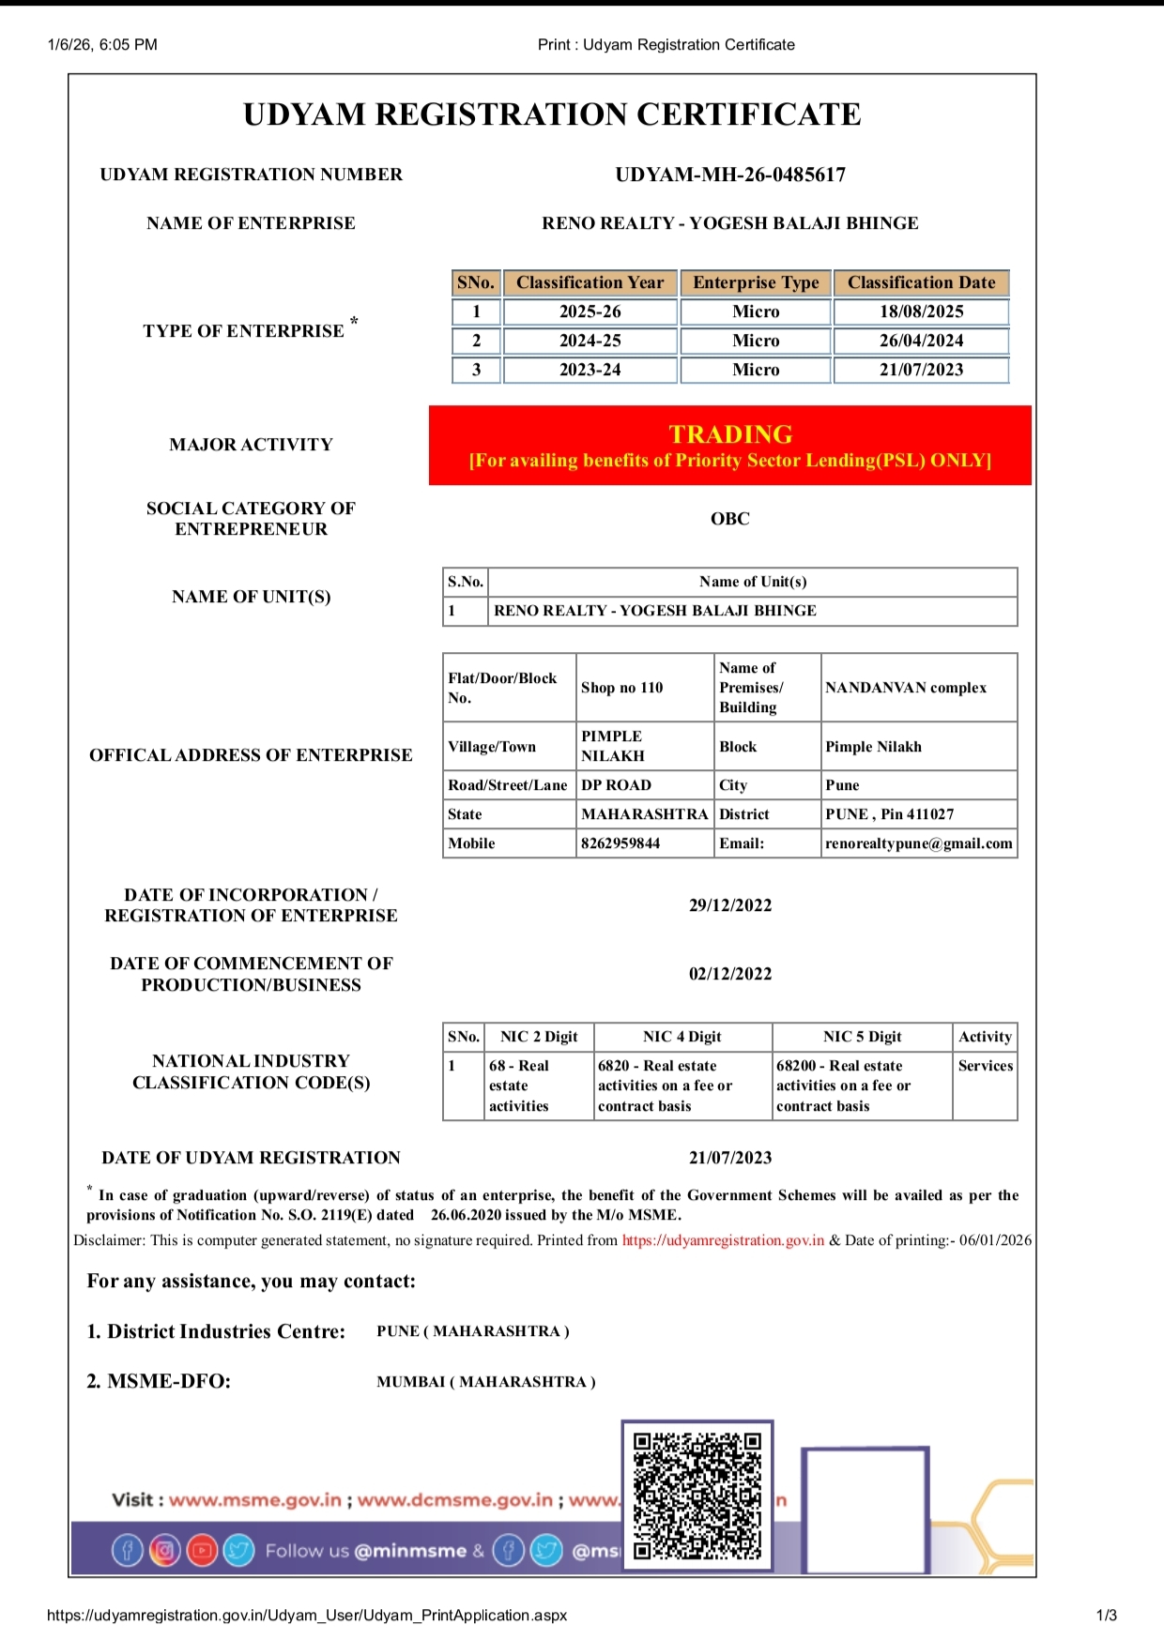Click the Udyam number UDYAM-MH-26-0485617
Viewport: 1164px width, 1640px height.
(x=730, y=175)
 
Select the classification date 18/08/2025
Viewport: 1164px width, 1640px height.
(x=921, y=311)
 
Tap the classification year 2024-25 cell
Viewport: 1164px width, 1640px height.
(x=590, y=341)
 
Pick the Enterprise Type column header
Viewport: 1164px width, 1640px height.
(x=756, y=282)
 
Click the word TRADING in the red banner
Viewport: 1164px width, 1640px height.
(x=730, y=434)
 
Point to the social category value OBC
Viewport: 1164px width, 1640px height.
(x=730, y=519)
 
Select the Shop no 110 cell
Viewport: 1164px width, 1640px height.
(x=622, y=688)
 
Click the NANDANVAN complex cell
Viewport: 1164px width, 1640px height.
(x=906, y=688)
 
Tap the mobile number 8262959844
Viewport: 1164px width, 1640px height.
(x=620, y=843)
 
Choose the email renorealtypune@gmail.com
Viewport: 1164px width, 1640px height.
(x=919, y=843)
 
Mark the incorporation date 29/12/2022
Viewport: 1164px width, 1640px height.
(x=730, y=905)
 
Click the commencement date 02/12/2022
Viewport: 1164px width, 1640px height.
(x=730, y=974)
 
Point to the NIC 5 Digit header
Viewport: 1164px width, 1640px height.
(x=862, y=1037)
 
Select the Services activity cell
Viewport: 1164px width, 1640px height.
(x=986, y=1066)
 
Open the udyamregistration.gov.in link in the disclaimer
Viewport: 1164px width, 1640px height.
(x=723, y=1240)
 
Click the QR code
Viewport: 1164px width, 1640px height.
(x=697, y=1496)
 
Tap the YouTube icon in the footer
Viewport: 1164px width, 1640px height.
(x=202, y=1551)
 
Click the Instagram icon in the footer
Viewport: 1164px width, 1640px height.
(x=165, y=1551)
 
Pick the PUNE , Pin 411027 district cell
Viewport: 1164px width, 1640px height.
(x=889, y=814)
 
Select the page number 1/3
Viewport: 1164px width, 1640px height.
(x=1106, y=1616)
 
